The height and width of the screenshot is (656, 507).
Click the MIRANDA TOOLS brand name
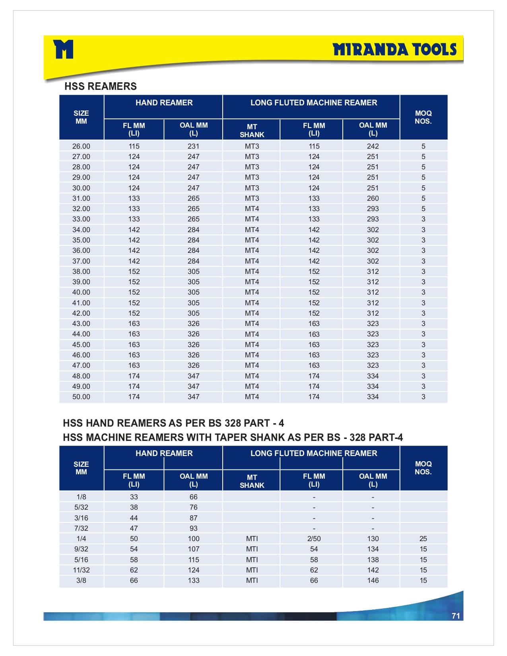point(394,50)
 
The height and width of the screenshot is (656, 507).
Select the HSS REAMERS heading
point(100,86)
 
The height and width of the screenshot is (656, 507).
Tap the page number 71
point(456,616)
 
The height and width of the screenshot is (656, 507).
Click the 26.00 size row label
point(81,146)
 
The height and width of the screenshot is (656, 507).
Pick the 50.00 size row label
point(81,397)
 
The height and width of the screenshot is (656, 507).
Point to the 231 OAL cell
point(193,146)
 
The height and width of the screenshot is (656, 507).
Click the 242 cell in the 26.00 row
point(373,146)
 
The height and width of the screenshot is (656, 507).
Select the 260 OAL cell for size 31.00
point(373,198)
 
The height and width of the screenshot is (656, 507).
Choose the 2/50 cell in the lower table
point(314,539)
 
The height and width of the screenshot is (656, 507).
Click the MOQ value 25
point(423,539)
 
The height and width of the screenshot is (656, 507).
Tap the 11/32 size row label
point(81,570)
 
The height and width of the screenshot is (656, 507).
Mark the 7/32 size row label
point(81,528)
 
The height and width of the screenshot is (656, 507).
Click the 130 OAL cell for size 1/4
point(373,539)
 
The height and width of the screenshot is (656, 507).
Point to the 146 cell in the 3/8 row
point(373,580)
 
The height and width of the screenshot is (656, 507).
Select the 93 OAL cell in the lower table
point(193,528)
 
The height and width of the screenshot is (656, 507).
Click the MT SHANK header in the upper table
point(252,130)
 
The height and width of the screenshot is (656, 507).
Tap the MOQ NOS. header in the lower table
point(423,468)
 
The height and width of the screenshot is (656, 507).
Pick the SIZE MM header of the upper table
point(81,117)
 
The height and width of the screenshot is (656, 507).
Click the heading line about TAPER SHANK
point(233,438)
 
